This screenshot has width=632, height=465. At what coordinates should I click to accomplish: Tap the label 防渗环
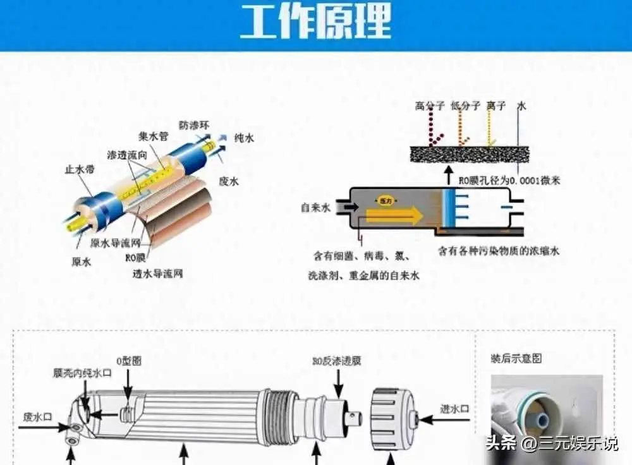point(193,124)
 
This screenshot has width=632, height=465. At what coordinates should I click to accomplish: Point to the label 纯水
point(244,138)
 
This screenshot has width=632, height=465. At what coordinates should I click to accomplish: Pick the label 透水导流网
point(157,274)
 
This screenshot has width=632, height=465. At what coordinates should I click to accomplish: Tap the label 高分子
point(430,106)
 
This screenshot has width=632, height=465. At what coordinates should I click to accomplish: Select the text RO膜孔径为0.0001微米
point(509,181)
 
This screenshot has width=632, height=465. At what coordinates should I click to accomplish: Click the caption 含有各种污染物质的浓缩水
point(499,251)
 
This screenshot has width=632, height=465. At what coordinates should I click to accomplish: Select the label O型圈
point(128,361)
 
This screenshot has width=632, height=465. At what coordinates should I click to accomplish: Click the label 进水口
point(455,409)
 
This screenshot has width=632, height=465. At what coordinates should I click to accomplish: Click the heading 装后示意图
point(516,359)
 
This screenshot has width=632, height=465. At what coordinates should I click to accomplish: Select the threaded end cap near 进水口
point(395,418)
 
